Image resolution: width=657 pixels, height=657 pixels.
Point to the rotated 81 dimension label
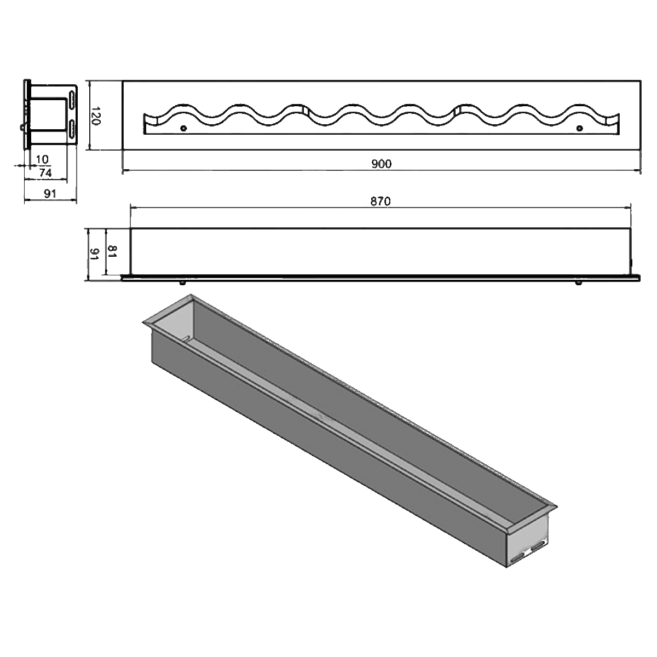[x=112, y=252]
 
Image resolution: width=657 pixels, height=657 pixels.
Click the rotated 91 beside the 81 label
[x=94, y=253]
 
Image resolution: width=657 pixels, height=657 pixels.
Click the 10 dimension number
[x=42, y=159]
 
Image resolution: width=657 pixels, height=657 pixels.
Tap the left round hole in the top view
[x=183, y=129]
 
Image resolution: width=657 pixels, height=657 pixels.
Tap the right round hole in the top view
[x=580, y=129]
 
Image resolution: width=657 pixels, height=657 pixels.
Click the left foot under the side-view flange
[x=182, y=283]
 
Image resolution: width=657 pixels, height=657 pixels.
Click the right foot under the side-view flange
[x=579, y=283]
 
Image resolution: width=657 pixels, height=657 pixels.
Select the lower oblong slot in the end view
[x=72, y=128]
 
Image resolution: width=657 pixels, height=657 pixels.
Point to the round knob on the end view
[x=22, y=128]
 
